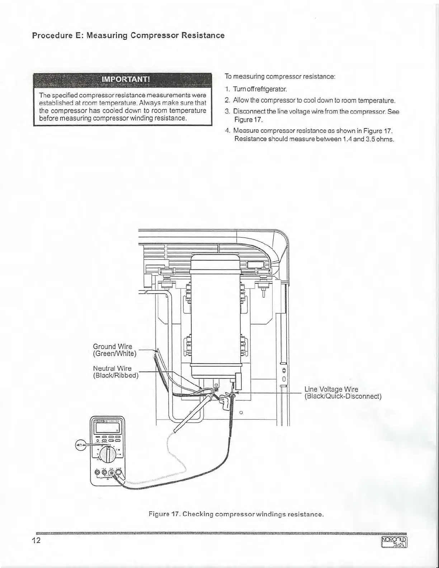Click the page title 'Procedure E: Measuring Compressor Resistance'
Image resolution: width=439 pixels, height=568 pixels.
click(x=128, y=35)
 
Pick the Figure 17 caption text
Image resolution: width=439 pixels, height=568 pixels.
click(x=236, y=514)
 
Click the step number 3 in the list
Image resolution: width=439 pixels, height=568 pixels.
click(x=227, y=111)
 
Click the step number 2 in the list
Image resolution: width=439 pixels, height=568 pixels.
click(x=227, y=100)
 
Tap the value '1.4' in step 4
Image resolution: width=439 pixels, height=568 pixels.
click(x=347, y=139)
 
